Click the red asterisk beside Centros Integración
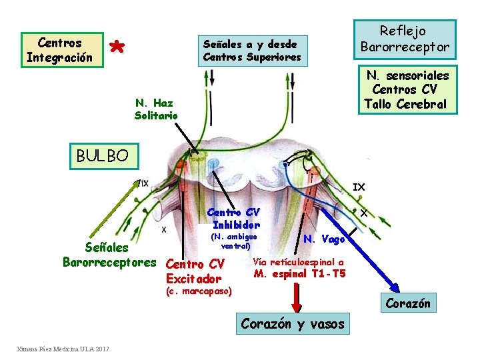point(117,47)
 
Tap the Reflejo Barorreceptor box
point(405,39)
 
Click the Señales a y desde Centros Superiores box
point(251,51)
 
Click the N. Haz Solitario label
point(156,109)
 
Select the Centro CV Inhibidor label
point(233,218)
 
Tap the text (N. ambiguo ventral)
point(233,241)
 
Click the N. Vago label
point(324,239)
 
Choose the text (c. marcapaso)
point(197,291)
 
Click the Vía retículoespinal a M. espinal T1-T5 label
point(299,268)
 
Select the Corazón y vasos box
point(293,324)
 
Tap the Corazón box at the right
point(408,303)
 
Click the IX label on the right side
point(359,187)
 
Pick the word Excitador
point(193,278)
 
